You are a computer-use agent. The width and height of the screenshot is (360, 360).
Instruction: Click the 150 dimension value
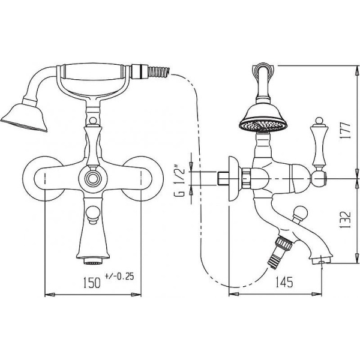point(92,283)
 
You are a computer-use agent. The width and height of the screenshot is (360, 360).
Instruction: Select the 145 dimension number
point(284,282)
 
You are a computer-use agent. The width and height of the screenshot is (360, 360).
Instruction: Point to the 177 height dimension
point(346,131)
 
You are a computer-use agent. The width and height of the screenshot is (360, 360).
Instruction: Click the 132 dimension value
point(346,220)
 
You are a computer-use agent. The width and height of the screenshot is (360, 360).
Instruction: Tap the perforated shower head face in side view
point(263,127)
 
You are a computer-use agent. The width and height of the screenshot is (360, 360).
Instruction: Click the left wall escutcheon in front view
point(43,179)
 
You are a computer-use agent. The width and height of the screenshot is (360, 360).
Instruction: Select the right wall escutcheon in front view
point(143,179)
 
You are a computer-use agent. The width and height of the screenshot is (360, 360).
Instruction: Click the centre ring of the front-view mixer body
point(93,178)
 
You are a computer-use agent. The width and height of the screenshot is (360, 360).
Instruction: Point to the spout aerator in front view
point(93,261)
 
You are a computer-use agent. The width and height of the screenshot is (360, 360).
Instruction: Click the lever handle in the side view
point(318,142)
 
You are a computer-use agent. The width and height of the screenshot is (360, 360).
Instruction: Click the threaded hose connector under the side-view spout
point(279,252)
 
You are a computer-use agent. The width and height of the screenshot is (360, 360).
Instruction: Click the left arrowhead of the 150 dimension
point(50,295)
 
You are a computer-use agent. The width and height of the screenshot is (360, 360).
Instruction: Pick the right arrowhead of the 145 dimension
point(317,294)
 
